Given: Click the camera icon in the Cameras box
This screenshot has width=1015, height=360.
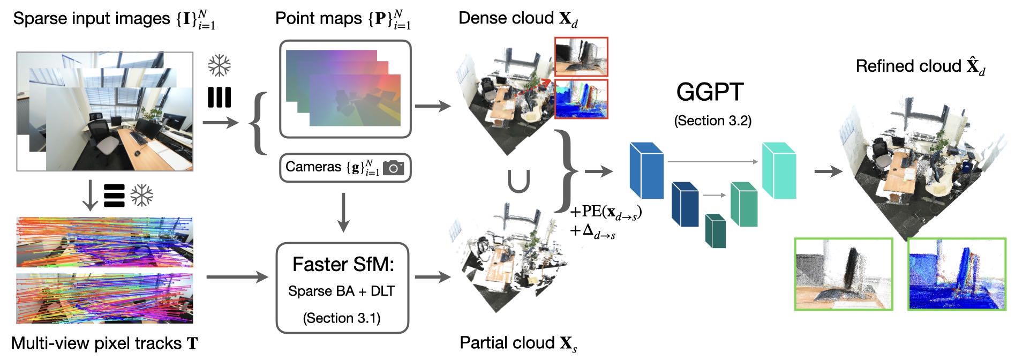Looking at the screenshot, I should click(x=393, y=168).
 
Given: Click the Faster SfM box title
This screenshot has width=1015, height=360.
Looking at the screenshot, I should click(x=343, y=264).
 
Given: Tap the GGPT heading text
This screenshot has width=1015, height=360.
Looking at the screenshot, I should click(x=710, y=92).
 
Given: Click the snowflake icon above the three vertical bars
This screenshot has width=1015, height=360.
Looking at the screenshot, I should click(x=219, y=66).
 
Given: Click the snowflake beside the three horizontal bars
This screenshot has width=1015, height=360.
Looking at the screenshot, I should click(x=142, y=196).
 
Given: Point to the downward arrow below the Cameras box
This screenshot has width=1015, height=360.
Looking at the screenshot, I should click(x=343, y=212).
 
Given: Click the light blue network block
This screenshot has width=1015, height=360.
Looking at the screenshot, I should click(x=646, y=170).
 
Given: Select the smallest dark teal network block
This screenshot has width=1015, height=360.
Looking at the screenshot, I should click(x=716, y=231).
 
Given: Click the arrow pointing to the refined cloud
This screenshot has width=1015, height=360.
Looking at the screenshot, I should click(x=828, y=171).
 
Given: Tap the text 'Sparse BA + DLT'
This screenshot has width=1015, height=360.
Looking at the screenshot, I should click(x=341, y=291).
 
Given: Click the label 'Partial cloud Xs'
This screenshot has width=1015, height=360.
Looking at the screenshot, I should click(x=518, y=343).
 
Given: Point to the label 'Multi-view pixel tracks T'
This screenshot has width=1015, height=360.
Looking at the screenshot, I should click(x=104, y=343).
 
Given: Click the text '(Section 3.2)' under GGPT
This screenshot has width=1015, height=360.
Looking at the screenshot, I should click(x=712, y=121).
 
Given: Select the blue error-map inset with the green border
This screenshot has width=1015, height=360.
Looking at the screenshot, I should click(x=956, y=274).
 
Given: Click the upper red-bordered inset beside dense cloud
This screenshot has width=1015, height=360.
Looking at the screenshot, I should click(x=581, y=57).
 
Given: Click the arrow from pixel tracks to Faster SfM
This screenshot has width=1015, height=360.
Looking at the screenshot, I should click(x=236, y=277).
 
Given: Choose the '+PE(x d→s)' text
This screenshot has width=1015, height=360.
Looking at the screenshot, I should click(x=605, y=213).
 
